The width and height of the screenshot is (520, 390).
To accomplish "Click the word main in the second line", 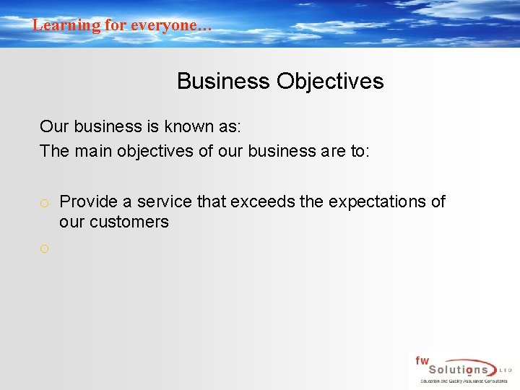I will tap(90, 151).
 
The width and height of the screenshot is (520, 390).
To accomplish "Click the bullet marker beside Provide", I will tap(45, 203).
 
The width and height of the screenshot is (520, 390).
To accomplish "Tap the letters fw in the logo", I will tap(422, 360).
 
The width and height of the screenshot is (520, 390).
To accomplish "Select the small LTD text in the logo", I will tap(506, 370).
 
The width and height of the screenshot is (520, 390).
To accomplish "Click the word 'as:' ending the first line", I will tap(230, 126).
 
